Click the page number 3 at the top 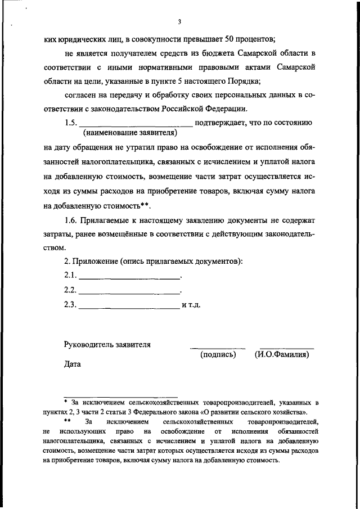179,22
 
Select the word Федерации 222,109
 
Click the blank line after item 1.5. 137,125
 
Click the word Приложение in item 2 98,262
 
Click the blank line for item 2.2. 129,292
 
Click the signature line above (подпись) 218,348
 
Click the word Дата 73,364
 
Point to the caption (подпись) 218,355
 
